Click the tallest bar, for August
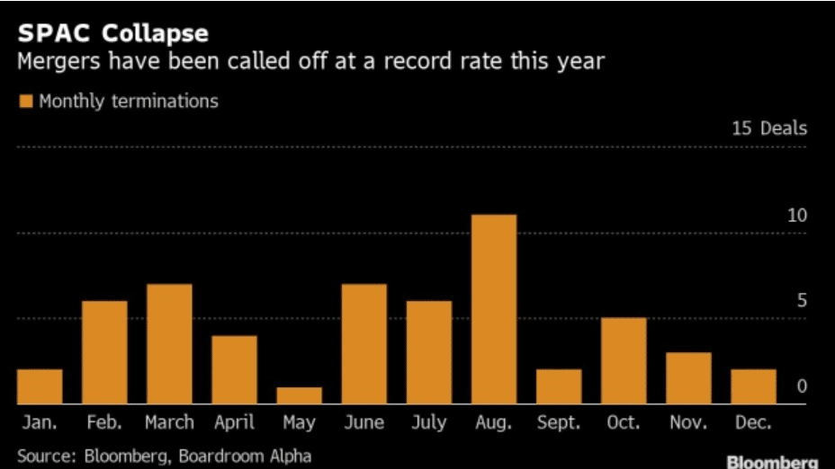[494, 309]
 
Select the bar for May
[300, 395]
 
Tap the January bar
[40, 386]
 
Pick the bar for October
[624, 360]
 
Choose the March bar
[169, 343]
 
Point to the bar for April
[234, 369]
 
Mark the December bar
[753, 386]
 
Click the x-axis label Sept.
[559, 422]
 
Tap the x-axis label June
[364, 422]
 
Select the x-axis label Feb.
[104, 422]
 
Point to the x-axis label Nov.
[688, 422]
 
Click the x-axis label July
[429, 422]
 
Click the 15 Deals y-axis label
[769, 128]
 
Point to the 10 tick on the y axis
[797, 217]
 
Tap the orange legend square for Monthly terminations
[25, 102]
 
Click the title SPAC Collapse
[112, 34]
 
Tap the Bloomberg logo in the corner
[772, 462]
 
